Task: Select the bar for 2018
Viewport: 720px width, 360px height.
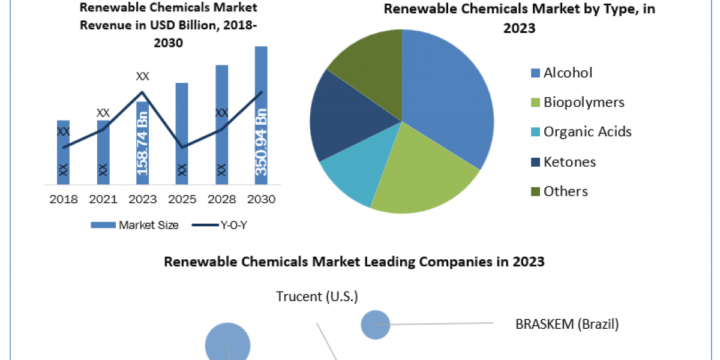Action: click(x=64, y=153)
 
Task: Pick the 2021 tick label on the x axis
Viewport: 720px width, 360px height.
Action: click(x=103, y=199)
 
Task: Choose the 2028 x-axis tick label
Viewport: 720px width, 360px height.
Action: click(x=221, y=199)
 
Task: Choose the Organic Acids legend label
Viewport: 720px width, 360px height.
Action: click(x=587, y=131)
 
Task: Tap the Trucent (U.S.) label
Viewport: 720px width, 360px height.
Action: click(x=317, y=296)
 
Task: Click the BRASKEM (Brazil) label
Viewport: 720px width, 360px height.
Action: click(x=567, y=325)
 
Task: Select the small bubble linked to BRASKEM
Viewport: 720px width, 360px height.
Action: click(x=375, y=324)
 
